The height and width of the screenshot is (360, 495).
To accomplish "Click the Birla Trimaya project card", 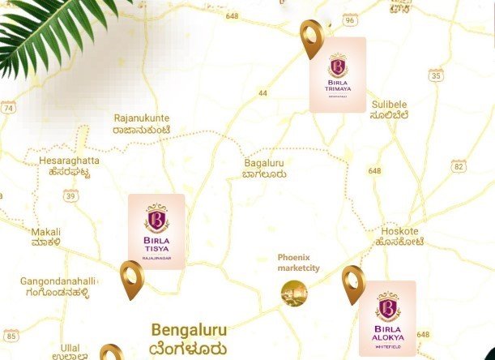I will [x=337, y=74].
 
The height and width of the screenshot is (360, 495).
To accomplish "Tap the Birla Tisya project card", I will [x=156, y=232].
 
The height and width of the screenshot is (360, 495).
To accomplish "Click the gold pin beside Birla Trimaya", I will [x=312, y=38].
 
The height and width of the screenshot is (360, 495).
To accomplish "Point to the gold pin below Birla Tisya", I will [x=132, y=279].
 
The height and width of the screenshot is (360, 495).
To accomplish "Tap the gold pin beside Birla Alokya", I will [x=353, y=284].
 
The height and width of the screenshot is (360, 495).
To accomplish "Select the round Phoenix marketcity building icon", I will [x=294, y=293].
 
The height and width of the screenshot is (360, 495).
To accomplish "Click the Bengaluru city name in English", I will [x=189, y=331].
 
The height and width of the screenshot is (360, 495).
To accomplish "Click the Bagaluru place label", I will [x=265, y=163].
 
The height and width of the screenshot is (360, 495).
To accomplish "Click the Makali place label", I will [x=46, y=232].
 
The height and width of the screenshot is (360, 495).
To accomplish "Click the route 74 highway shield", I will [x=8, y=107].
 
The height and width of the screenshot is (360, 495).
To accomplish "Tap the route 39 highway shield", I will [x=71, y=195].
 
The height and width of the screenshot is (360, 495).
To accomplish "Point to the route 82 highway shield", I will [x=459, y=166].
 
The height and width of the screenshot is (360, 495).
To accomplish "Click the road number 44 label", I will [x=262, y=93].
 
